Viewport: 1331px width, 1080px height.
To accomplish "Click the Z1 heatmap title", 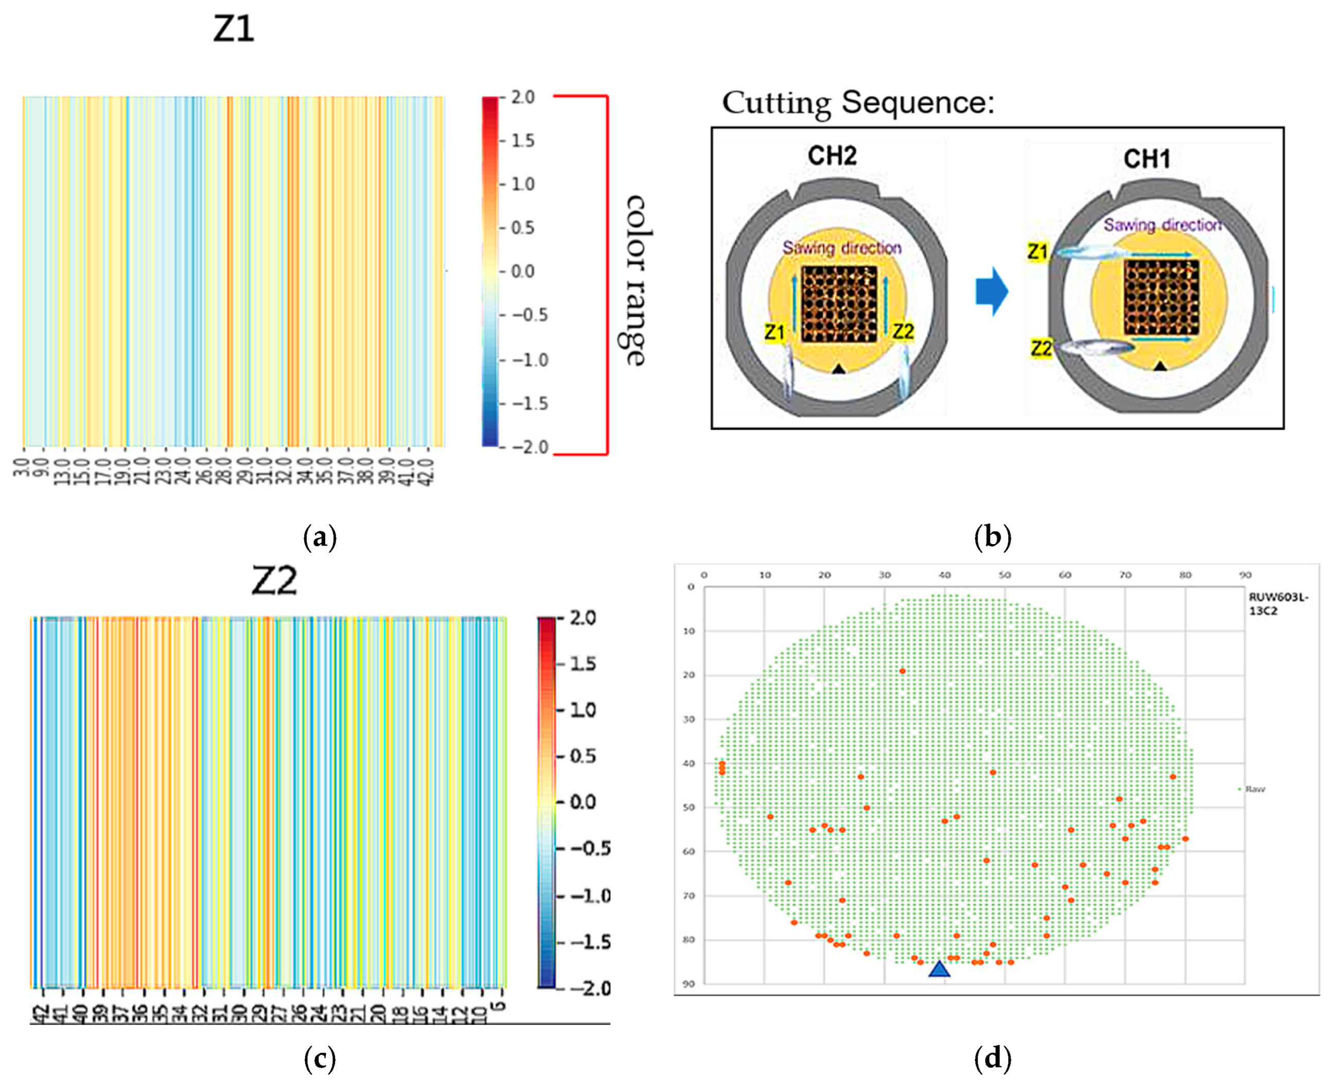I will pos(233,29).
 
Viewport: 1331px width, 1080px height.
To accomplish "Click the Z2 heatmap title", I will pos(274,581).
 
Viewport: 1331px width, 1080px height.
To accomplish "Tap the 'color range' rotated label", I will pos(635,280).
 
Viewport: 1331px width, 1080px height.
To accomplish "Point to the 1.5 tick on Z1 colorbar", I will pos(522,141).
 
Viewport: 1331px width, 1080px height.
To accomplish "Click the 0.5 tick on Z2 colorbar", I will pos(583,756).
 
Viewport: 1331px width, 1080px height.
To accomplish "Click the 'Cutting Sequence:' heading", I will pos(859,102).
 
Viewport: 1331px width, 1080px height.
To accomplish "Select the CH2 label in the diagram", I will pos(832,155).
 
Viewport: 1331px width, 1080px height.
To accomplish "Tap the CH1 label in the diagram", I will pos(1147,159).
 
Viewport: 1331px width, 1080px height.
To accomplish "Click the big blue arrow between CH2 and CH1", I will pos(991,291).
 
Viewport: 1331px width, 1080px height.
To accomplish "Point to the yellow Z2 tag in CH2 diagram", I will pos(903,332).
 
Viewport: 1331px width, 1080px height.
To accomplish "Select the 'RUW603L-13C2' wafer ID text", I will pos(1278,603).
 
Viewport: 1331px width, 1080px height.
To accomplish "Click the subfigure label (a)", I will pos(320,537).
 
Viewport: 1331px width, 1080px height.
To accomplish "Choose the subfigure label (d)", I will pos(993,1057).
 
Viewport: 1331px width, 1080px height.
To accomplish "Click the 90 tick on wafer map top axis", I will pos(1245,575).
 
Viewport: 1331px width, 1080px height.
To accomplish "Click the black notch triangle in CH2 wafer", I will pos(838,369).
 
